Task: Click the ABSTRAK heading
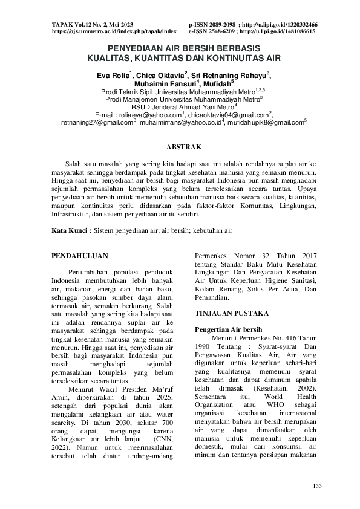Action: (180, 147)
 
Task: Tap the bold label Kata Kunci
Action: (70, 230)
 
